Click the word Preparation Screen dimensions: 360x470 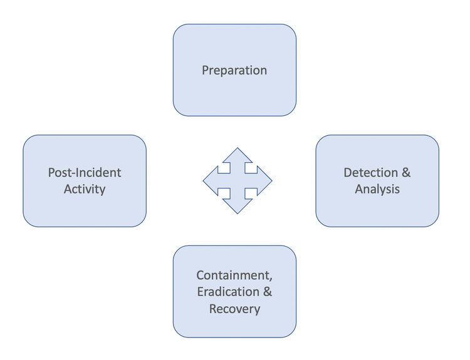pos(234,70)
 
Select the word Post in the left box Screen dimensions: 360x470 pos(60,173)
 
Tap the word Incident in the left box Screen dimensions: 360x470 pos(97,173)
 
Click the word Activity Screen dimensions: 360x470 pos(85,188)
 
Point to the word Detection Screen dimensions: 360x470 pos(370,173)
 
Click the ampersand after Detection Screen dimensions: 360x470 pos(405,173)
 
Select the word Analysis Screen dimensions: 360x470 pos(377,188)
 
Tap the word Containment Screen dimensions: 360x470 pos(234,275)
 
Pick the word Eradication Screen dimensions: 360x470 pos(228,292)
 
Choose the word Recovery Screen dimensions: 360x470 pos(234,308)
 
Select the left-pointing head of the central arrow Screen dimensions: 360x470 pos(210,181)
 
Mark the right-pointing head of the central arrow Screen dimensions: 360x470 pos(265,181)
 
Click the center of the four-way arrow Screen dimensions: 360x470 pos(238,181)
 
